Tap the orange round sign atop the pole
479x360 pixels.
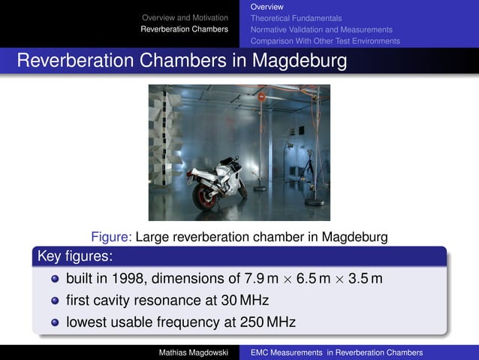[261, 96]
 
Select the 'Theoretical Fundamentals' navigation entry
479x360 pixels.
[296, 17]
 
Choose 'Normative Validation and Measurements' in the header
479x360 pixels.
[321, 29]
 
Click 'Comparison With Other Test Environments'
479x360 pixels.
[325, 41]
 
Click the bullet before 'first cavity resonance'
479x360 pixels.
[55, 301]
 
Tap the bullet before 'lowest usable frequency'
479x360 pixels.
[55, 323]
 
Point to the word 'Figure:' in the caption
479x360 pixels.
[111, 237]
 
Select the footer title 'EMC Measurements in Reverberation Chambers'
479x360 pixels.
[336, 352]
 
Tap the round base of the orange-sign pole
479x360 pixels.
[260, 188]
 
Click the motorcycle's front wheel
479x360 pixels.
[240, 188]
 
